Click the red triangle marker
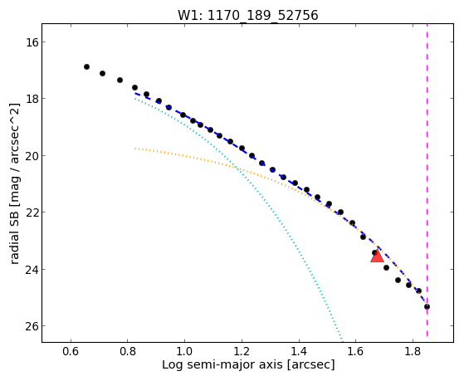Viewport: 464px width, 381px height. tap(377, 256)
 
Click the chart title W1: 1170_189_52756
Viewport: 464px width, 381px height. tap(247, 16)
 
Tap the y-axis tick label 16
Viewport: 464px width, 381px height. tap(32, 42)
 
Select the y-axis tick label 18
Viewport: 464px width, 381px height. tap(32, 99)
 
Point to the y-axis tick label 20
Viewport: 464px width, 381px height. tap(32, 155)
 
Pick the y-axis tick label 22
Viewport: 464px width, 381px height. tap(32, 212)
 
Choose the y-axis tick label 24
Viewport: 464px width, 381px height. tap(32, 270)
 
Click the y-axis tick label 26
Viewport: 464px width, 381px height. tap(32, 326)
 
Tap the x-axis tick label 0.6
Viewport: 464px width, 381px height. tap(71, 351)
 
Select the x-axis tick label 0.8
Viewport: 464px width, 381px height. tap(128, 351)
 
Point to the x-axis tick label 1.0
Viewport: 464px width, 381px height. tap(184, 351)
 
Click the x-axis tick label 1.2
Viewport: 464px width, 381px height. tap(242, 351)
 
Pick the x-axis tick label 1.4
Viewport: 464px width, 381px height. tap(299, 351)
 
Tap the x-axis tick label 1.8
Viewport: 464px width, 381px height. tap(413, 351)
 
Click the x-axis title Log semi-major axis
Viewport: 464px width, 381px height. tap(222, 365)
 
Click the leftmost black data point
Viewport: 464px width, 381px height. tap(86, 67)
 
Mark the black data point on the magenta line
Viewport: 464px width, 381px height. tap(427, 306)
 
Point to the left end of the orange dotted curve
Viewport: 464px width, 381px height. tap(135, 149)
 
